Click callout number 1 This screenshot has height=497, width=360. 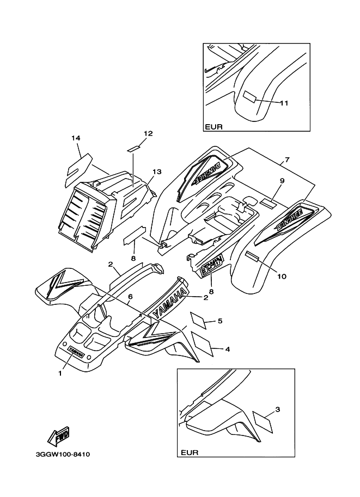coord(60,373)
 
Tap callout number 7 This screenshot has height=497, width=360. coord(287,160)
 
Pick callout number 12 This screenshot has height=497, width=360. coord(133,133)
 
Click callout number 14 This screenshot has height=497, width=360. coord(76,138)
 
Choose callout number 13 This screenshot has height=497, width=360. coord(157,171)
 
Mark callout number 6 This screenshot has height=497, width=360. coord(130,297)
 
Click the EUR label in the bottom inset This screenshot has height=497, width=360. coord(189,452)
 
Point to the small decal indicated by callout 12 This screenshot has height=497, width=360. coord(134,146)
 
